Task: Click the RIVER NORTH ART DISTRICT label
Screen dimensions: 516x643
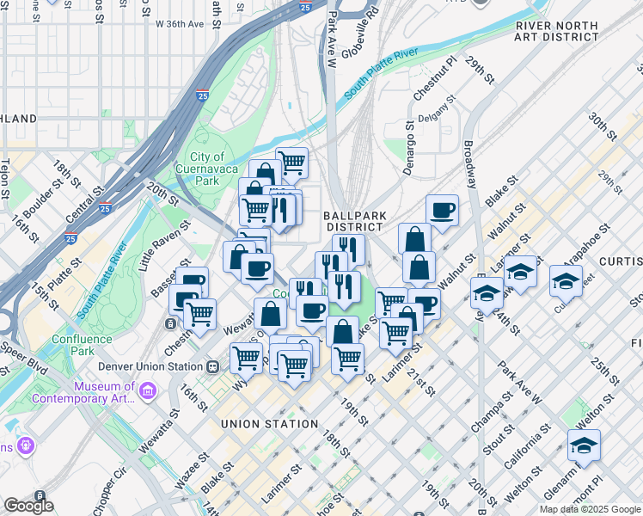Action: pos(556,31)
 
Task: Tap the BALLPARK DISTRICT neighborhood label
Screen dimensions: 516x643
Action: pos(354,221)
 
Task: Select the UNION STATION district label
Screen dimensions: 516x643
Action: pos(269,424)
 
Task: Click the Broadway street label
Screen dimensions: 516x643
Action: pos(471,163)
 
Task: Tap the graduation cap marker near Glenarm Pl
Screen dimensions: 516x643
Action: pos(584,445)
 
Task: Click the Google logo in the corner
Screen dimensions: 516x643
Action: pos(28,506)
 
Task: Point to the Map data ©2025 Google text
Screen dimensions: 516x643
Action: pos(589,509)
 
